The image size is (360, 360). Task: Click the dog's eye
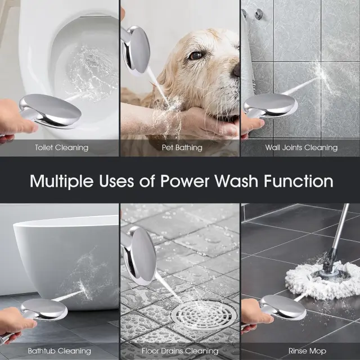(195, 55)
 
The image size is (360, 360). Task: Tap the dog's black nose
(236, 70)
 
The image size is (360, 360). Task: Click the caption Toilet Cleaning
(61, 147)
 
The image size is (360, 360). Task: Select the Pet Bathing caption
(182, 147)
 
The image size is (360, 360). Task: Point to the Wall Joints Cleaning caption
(301, 147)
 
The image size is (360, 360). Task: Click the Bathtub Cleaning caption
(59, 351)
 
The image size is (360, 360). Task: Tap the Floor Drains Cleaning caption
(180, 351)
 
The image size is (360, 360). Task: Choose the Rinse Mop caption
(307, 351)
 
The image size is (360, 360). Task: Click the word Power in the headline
(185, 181)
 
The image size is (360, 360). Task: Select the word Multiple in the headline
(61, 182)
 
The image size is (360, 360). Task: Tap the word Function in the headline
(299, 181)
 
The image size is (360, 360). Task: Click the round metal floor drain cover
(204, 315)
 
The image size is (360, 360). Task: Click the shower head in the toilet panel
(49, 111)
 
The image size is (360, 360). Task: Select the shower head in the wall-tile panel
(270, 106)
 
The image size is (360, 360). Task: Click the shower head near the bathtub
(44, 309)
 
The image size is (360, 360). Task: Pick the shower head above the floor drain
(139, 255)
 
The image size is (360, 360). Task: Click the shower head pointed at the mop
(282, 307)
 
